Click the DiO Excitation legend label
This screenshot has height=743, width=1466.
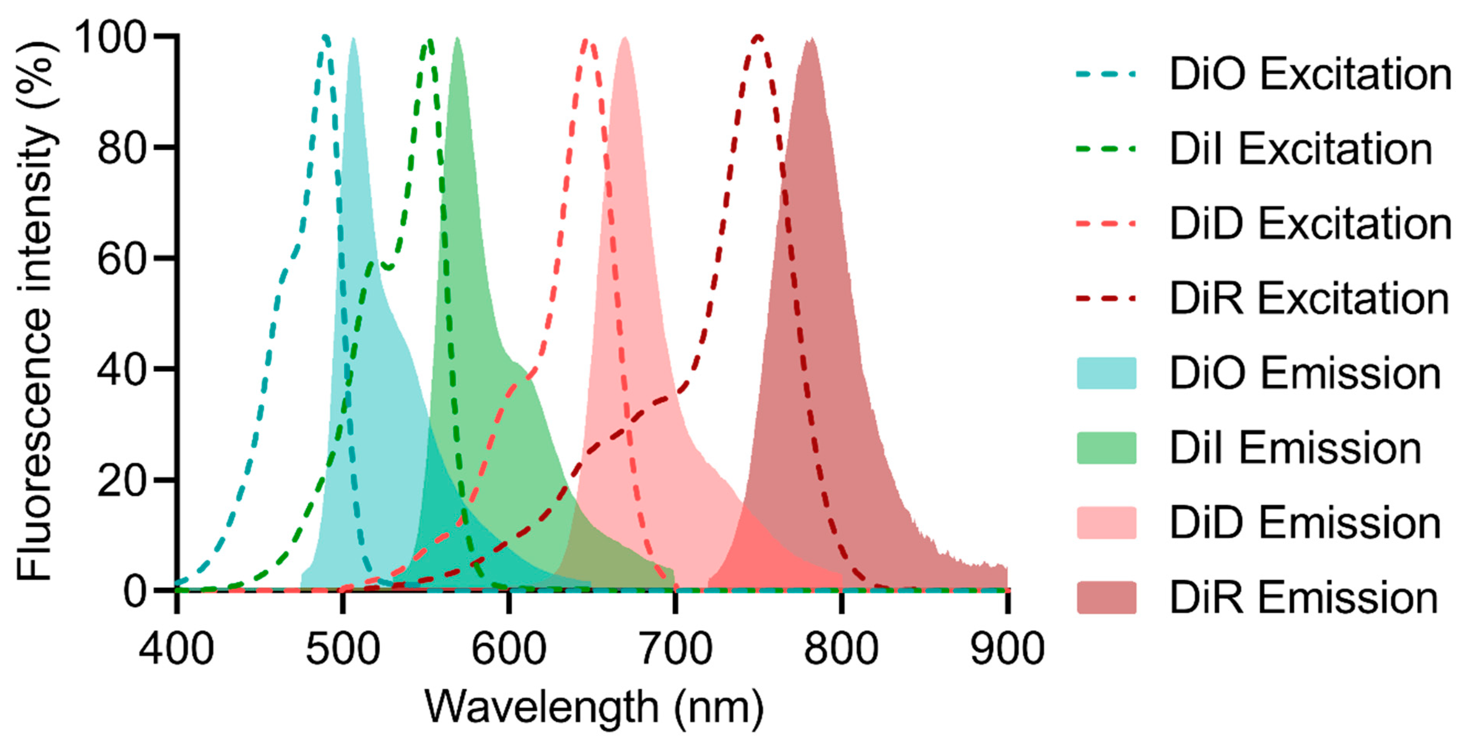1309,75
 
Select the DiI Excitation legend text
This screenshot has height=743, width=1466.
1300,149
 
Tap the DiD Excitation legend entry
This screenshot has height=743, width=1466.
1309,224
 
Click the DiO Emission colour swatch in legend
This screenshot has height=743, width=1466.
1106,373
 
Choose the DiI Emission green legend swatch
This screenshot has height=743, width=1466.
1106,448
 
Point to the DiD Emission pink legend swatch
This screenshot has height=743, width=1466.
1106,523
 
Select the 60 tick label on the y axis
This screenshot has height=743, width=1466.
122,259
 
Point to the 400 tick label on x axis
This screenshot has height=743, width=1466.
176,649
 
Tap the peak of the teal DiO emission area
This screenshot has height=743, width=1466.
353,40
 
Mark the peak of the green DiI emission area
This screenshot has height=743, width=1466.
457,40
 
